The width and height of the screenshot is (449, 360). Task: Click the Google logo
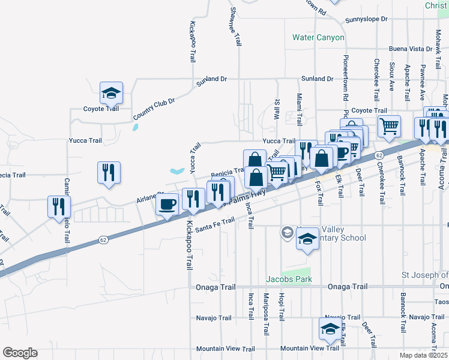tap(20, 353)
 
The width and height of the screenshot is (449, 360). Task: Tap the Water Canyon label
tap(318, 37)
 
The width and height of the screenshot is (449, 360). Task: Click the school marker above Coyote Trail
tap(111, 93)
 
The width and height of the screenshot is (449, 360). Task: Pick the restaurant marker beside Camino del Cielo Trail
tap(59, 206)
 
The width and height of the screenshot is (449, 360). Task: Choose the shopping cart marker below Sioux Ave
tap(389, 126)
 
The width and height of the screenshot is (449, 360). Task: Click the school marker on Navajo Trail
tap(330, 329)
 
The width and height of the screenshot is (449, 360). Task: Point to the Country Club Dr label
tap(154, 108)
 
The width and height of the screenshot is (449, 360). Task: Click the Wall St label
tap(277, 109)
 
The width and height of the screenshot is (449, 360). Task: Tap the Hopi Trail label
tap(281, 306)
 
